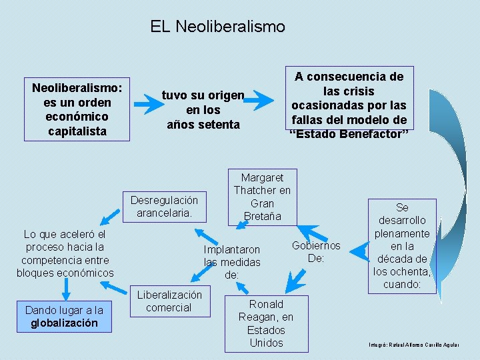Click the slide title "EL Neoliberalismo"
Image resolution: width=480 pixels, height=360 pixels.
(x=217, y=27)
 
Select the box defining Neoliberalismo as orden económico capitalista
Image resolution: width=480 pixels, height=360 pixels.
(x=77, y=109)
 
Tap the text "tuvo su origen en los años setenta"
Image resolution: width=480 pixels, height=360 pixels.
(x=203, y=110)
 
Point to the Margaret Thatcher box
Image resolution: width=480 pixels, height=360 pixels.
(x=262, y=197)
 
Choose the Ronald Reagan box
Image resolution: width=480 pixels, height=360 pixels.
(x=266, y=323)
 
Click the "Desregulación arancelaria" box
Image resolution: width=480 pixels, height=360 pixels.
(x=164, y=207)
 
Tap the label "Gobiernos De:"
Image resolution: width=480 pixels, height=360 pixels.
(x=316, y=252)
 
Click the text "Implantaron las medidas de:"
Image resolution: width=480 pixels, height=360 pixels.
(x=232, y=262)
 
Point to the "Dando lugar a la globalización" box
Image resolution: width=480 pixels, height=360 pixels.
(x=64, y=317)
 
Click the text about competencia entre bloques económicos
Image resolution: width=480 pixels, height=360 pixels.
(x=65, y=253)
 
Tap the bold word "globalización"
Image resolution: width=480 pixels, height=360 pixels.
(x=64, y=323)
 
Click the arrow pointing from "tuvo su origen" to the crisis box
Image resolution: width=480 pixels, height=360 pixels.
(x=262, y=100)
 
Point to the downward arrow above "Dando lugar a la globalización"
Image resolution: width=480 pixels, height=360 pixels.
(x=65, y=288)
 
